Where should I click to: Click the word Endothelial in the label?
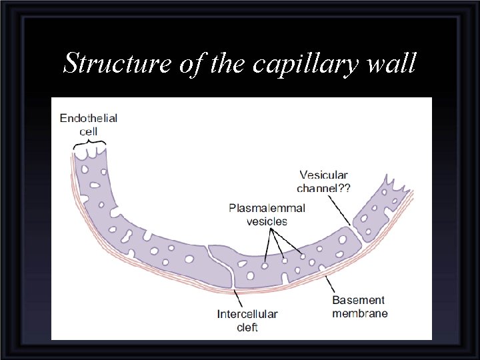click(89, 118)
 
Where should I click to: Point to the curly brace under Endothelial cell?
click(89, 142)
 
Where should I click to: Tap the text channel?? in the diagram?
click(323, 188)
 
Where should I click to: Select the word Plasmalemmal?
click(267, 208)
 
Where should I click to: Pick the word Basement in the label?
click(359, 301)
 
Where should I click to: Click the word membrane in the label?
click(360, 313)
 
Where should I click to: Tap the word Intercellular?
click(247, 314)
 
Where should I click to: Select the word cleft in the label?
click(247, 327)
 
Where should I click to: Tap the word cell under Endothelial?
click(89, 131)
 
